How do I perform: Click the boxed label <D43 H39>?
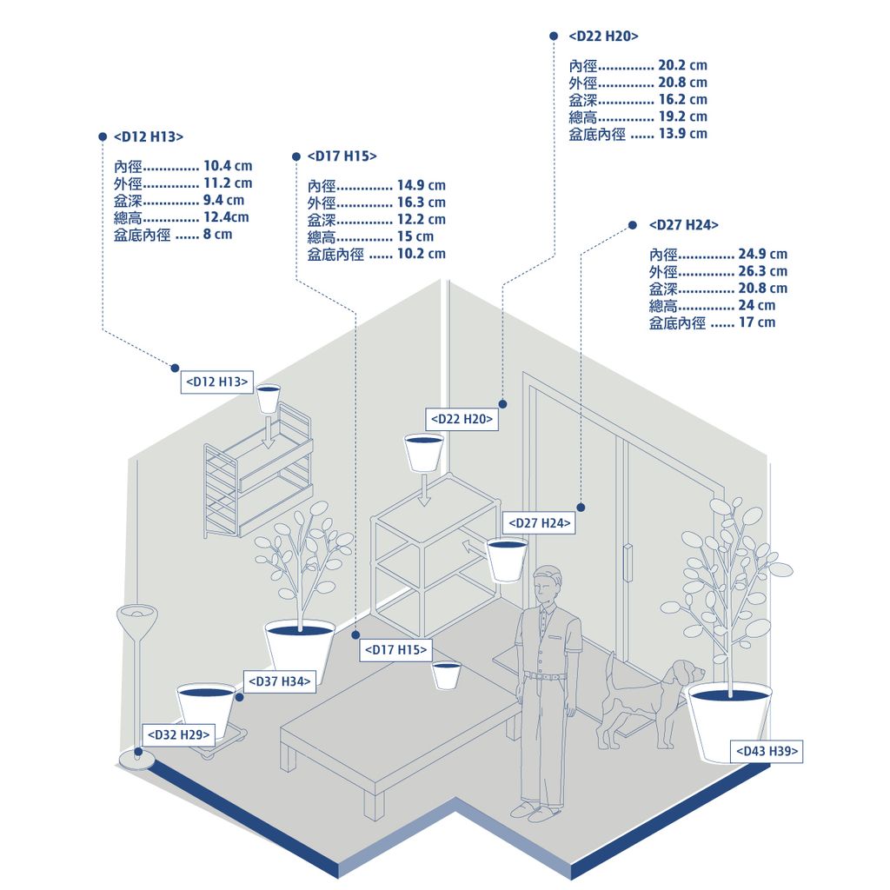(767, 751)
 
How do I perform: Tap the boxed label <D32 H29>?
(178, 734)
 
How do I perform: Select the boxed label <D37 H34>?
(279, 681)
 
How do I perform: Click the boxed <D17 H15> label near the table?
(395, 649)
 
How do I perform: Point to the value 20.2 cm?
(682, 65)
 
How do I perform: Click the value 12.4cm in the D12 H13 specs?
(226, 216)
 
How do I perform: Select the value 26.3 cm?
(762, 271)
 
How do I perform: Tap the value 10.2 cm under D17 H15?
(421, 253)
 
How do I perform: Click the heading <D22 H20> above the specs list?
(603, 36)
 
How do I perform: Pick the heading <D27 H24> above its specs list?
(683, 225)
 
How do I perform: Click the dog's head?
(689, 672)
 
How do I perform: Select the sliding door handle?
(628, 562)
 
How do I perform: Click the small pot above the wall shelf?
(269, 398)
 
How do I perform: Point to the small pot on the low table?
(446, 674)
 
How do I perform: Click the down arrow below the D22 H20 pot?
(423, 488)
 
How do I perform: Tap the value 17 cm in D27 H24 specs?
(756, 322)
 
